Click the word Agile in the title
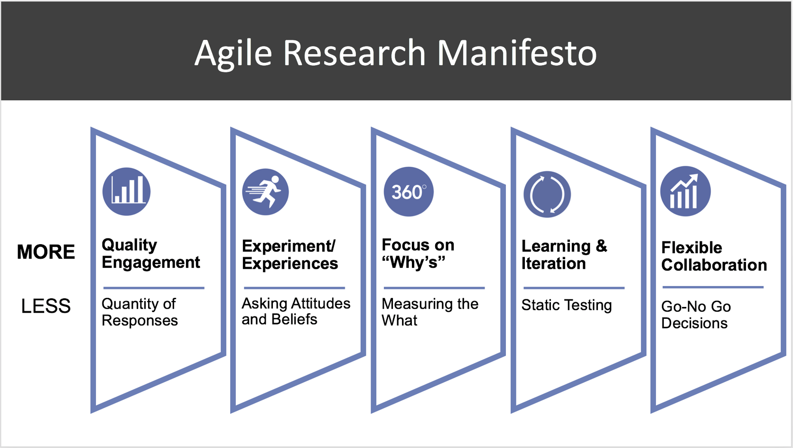pyautogui.click(x=233, y=54)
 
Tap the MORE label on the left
pyautogui.click(x=46, y=252)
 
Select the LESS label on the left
pyautogui.click(x=46, y=306)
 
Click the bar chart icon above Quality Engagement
pyautogui.click(x=127, y=191)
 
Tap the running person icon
pyautogui.click(x=265, y=192)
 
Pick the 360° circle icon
pyautogui.click(x=408, y=192)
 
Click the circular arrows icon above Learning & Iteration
pyautogui.click(x=547, y=194)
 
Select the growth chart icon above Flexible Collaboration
pyautogui.click(x=685, y=191)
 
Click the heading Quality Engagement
pyautogui.click(x=150, y=254)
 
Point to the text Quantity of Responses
pyautogui.click(x=140, y=312)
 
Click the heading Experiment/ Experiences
pyautogui.click(x=289, y=255)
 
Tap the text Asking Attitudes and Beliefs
pyautogui.click(x=296, y=311)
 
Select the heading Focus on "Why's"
pyautogui.click(x=418, y=254)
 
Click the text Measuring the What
pyautogui.click(x=429, y=312)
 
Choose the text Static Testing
pyautogui.click(x=566, y=305)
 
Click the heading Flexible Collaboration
pyautogui.click(x=714, y=256)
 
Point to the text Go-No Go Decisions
pyautogui.click(x=696, y=315)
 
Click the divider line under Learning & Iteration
pyautogui.click(x=574, y=288)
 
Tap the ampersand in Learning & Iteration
pyautogui.click(x=601, y=246)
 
